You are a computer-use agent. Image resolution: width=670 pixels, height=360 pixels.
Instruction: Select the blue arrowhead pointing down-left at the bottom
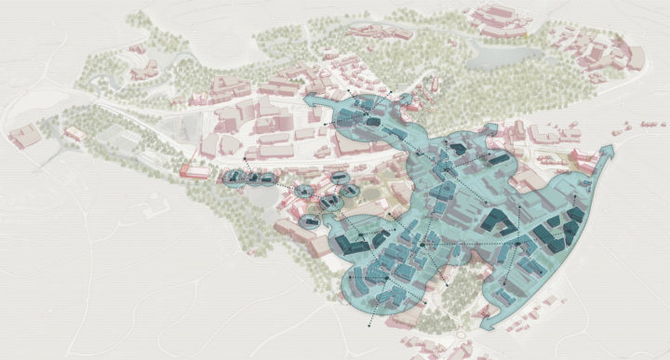click(487, 322)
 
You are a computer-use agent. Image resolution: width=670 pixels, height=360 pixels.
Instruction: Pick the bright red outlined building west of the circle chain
click(194, 171)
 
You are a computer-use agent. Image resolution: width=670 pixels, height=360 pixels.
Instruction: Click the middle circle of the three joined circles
click(250, 178)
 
